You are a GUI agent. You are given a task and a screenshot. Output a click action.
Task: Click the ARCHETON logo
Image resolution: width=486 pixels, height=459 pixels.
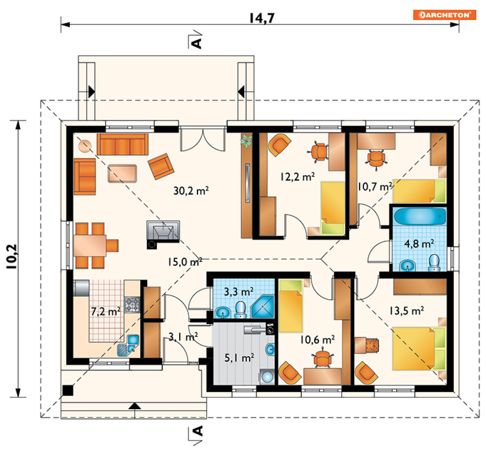[444, 15]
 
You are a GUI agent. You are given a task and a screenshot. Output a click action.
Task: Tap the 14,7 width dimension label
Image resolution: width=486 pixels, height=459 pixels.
[262, 18]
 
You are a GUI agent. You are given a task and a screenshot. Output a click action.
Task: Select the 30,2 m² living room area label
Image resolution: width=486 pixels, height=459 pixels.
[191, 191]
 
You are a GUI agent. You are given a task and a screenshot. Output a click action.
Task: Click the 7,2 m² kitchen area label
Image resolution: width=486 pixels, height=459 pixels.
[106, 311]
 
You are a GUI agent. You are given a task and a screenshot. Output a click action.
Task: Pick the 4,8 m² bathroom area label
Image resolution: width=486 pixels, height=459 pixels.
[419, 244]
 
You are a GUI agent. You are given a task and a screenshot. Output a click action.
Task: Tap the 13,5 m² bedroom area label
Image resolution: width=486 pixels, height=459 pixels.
[406, 310]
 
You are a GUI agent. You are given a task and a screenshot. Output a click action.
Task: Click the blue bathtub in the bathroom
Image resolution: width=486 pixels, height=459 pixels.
[420, 216]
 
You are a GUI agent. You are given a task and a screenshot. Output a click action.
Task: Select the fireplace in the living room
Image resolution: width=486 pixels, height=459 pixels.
[163, 232]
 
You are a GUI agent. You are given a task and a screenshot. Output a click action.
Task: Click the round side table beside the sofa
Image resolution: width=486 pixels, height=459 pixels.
[85, 146]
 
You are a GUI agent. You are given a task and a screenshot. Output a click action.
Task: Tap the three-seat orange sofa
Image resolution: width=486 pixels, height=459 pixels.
[123, 144]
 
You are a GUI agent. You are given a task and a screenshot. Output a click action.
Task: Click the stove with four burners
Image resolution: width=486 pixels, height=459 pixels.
[132, 304]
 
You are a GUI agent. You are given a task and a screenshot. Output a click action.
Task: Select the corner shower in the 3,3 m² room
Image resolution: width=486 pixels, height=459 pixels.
[263, 306]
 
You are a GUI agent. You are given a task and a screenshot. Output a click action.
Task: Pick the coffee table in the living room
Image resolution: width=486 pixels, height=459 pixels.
[122, 174]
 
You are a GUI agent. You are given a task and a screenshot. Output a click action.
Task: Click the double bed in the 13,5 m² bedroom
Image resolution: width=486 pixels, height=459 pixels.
[419, 348]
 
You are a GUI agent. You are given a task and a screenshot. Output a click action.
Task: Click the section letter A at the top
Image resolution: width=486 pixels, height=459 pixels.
[197, 43]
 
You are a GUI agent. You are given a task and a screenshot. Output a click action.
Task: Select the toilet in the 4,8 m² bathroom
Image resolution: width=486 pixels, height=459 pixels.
[435, 262]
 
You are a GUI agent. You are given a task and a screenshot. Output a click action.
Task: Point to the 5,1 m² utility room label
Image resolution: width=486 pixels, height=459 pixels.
[239, 358]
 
